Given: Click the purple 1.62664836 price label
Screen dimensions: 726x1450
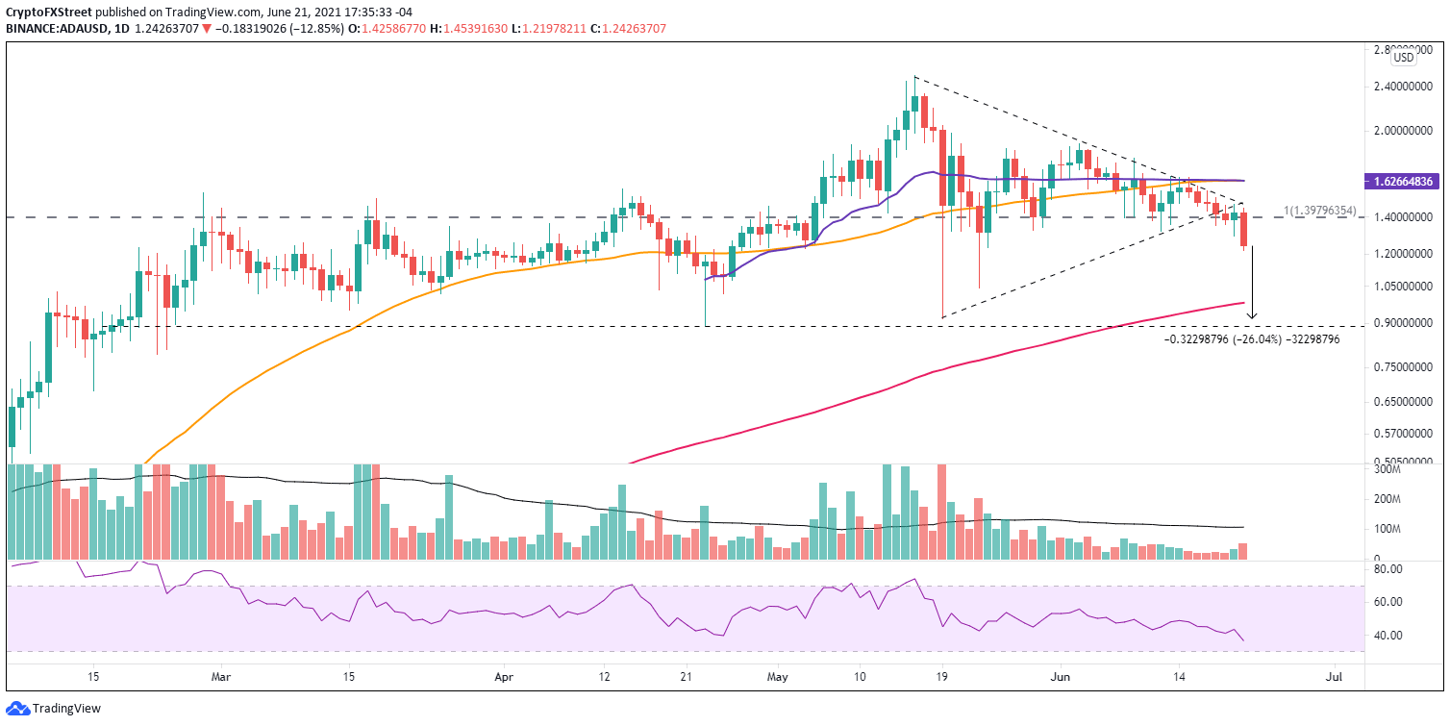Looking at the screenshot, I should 1408,181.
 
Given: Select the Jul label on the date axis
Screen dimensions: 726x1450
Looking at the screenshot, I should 1334,677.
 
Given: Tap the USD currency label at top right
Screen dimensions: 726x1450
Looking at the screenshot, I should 1404,58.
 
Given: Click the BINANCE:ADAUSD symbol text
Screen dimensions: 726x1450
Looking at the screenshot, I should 59,29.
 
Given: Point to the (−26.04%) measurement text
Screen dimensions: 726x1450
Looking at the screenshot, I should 1253,339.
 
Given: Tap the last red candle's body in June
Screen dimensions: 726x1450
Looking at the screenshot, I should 1244,229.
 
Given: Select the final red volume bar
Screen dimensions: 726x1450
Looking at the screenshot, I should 1243,551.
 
